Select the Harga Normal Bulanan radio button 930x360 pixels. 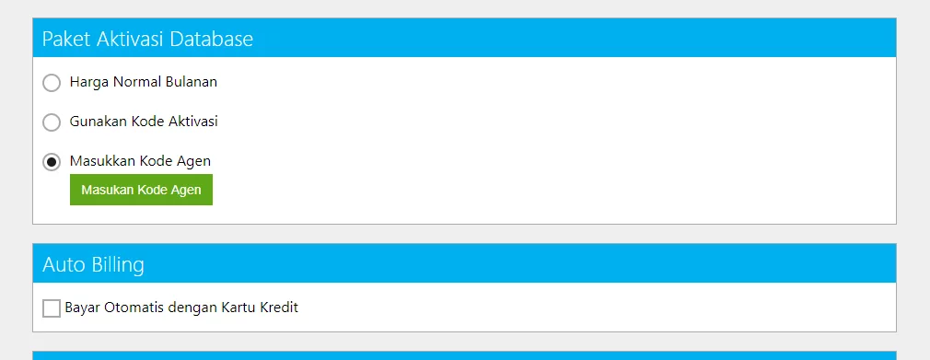(52, 83)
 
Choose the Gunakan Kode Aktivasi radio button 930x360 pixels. (52, 122)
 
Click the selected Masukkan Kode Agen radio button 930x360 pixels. (52, 162)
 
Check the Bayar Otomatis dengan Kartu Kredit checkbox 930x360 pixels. (52, 308)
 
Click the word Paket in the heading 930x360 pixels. (59, 40)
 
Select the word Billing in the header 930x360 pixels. (118, 265)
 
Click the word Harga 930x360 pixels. (85, 83)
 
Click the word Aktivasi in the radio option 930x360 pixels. (193, 122)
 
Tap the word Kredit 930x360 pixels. (279, 308)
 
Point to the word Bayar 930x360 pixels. (83, 308)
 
